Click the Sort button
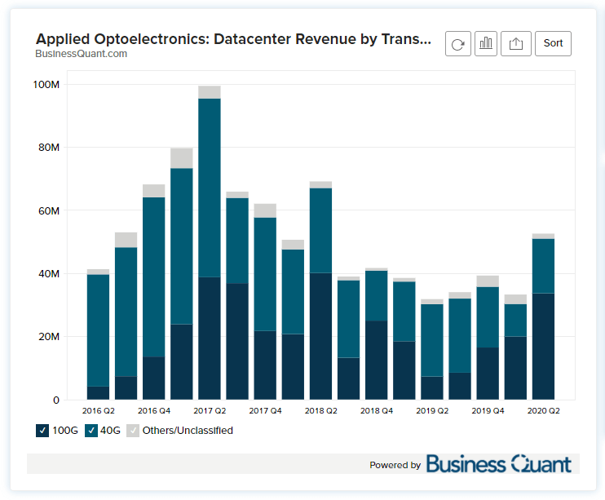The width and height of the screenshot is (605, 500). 553,43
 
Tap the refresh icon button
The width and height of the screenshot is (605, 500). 457,44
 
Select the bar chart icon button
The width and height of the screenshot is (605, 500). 486,44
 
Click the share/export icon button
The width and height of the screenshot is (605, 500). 515,44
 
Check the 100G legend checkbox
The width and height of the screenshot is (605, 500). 42,430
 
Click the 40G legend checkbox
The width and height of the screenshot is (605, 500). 91,430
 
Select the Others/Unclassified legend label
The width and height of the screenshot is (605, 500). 187,430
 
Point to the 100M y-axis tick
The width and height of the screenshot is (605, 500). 45,85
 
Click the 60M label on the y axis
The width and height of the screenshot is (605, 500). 47,211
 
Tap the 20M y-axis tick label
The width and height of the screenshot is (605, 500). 47,337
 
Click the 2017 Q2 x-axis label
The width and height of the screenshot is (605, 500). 210,410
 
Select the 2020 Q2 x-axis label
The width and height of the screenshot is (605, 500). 543,410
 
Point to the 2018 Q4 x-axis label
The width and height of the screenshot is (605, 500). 376,410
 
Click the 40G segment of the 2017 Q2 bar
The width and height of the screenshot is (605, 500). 210,188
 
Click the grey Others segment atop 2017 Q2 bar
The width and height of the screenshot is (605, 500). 210,92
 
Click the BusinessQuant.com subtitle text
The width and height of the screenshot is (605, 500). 82,54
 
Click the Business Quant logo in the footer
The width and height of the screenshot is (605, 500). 498,464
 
